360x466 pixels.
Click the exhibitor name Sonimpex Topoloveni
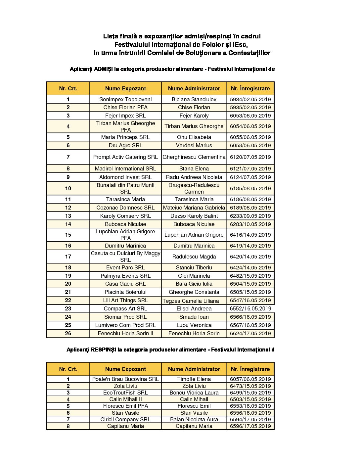coord(125,99)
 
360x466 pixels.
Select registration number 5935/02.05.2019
coord(250,107)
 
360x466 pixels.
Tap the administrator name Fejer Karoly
coord(194,116)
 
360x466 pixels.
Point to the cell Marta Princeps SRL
coord(125,137)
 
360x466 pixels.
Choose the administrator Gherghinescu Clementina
coord(194,157)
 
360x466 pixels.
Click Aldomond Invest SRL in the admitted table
coord(125,177)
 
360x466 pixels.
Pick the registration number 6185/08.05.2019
coord(250,188)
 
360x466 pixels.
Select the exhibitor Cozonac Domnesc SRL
coord(125,208)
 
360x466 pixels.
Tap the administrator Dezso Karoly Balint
coord(194,216)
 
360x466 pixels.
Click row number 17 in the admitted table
coord(68,256)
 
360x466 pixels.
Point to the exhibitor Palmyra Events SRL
coord(125,276)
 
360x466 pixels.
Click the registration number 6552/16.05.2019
coord(250,308)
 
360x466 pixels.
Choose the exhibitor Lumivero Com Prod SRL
coord(125,325)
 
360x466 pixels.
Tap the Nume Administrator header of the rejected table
coord(194,369)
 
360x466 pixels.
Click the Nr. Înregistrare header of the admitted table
coord(250,88)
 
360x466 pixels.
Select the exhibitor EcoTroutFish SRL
coord(125,393)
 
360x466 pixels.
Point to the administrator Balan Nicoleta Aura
coord(194,419)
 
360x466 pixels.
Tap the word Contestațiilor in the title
coord(249,53)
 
